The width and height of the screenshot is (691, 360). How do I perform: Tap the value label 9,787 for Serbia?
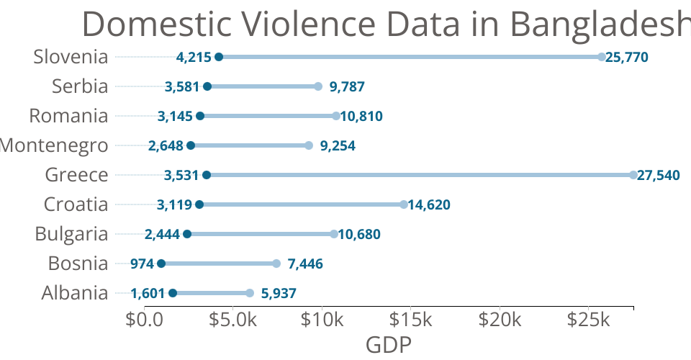[347, 87]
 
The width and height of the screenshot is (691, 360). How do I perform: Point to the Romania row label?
[68, 116]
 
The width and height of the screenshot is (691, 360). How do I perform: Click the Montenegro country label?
[55, 145]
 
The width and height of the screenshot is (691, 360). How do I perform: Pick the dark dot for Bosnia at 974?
[161, 264]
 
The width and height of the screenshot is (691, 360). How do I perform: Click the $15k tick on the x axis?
[411, 320]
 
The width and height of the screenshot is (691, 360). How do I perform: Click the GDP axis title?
[389, 345]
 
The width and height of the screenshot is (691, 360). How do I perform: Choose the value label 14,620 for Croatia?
[429, 205]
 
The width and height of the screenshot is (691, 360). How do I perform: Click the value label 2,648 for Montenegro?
[167, 146]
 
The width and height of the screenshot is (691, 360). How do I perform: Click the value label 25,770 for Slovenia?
[628, 58]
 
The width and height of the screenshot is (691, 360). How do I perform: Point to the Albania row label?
[75, 293]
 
